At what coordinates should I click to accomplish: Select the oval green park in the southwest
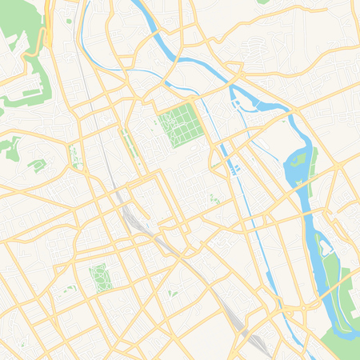click(x=100, y=277)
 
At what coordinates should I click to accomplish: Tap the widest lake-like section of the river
click(x=295, y=172)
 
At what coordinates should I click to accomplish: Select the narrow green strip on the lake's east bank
click(x=314, y=157)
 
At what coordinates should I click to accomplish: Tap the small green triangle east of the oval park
click(x=172, y=294)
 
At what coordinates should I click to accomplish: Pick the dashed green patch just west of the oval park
click(x=70, y=288)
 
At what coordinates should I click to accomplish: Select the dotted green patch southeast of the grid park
click(x=214, y=198)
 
